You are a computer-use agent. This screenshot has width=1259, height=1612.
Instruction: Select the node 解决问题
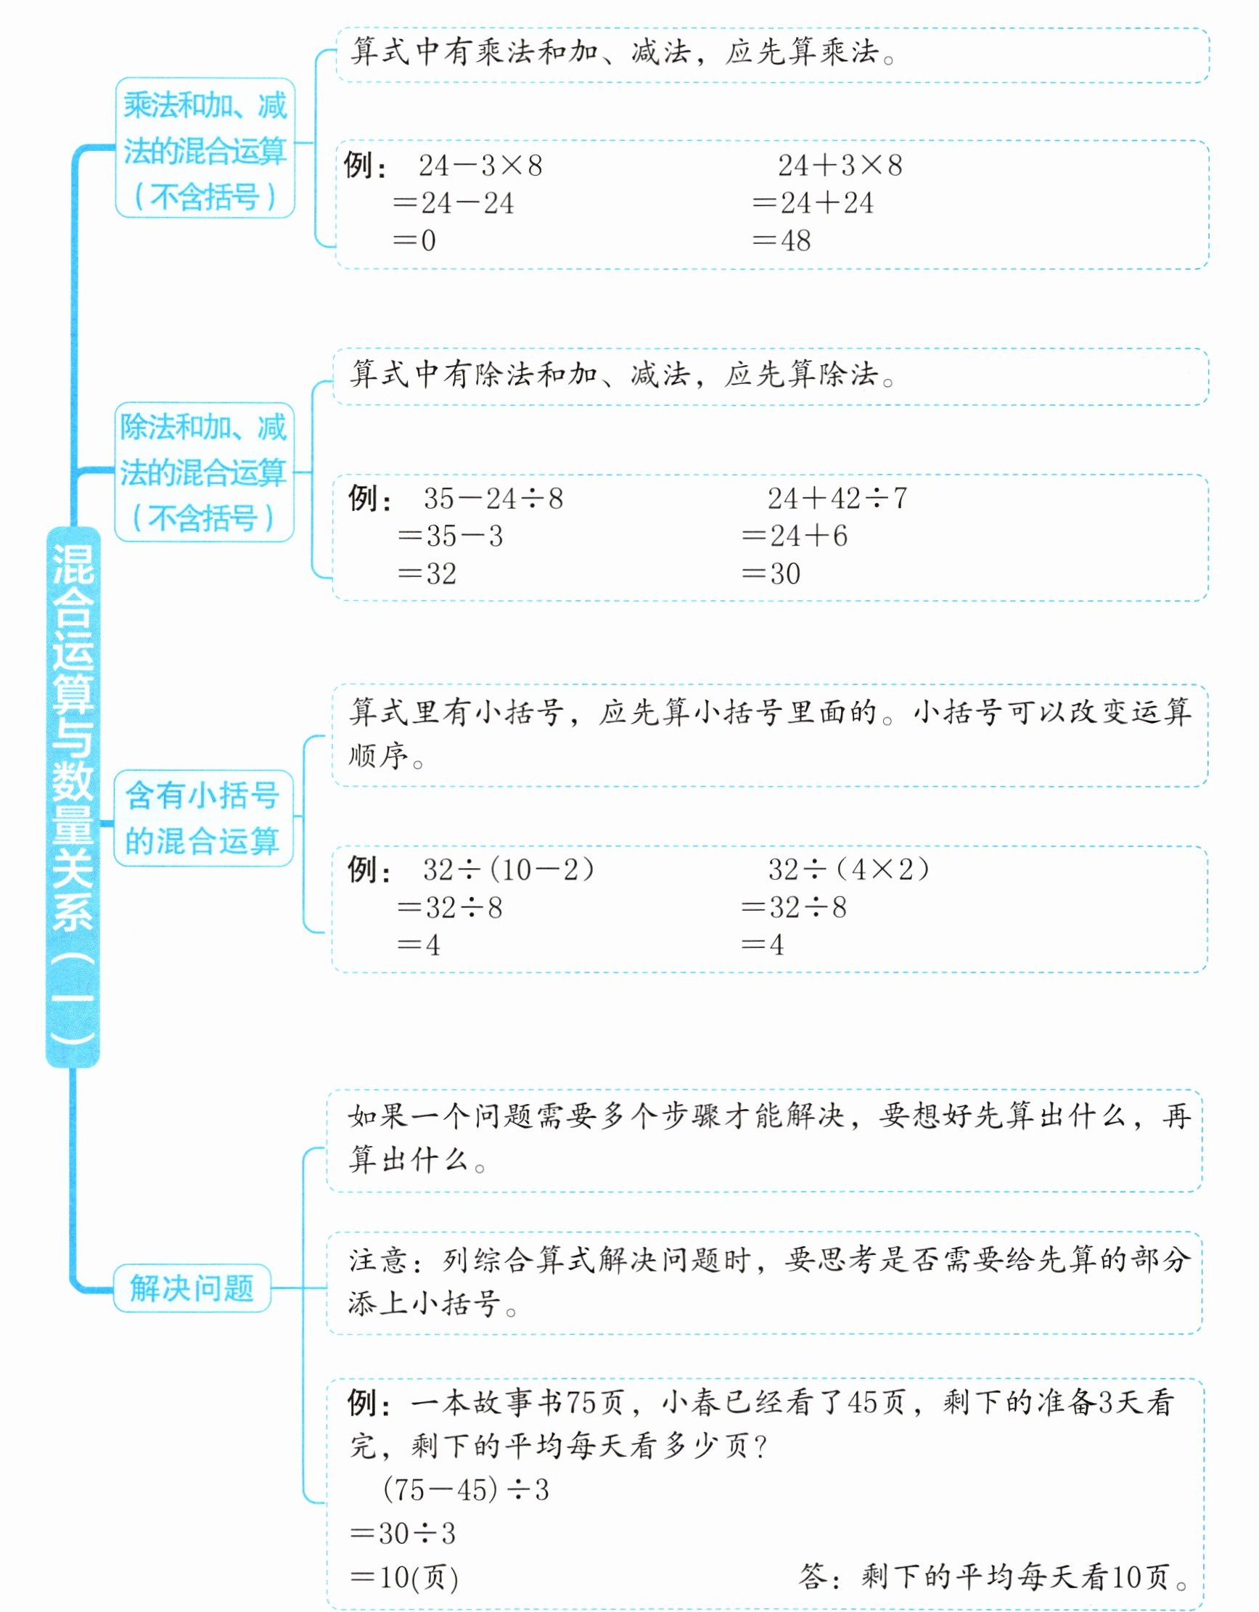pyautogui.click(x=192, y=1288)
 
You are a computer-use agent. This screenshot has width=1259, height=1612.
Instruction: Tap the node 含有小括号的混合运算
pyautogui.click(x=203, y=818)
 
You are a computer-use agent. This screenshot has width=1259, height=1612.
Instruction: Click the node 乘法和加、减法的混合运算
pyautogui.click(x=205, y=149)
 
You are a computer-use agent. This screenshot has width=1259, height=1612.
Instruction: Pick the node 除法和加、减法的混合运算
pyautogui.click(x=204, y=472)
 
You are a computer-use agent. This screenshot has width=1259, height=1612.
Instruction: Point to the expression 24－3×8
pyautogui.click(x=480, y=165)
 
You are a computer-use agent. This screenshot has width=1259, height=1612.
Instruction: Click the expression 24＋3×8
pyautogui.click(x=840, y=165)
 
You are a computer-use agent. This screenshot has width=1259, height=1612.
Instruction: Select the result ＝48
pyautogui.click(x=782, y=241)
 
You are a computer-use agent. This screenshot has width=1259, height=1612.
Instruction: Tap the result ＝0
pyautogui.click(x=415, y=241)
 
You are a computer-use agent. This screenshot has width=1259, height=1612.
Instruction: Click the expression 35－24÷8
pyautogui.click(x=493, y=498)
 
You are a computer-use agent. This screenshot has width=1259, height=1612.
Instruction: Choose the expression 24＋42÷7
pyautogui.click(x=837, y=498)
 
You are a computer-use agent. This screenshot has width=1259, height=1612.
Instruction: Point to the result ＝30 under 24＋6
pyautogui.click(x=771, y=573)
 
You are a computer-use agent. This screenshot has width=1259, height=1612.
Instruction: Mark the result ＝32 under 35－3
pyautogui.click(x=427, y=573)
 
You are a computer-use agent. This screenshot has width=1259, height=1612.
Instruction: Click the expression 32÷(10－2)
pyautogui.click(x=509, y=870)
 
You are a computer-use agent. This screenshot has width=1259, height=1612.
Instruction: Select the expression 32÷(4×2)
pyautogui.click(x=849, y=870)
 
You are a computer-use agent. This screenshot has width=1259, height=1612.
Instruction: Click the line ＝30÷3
pyautogui.click(x=403, y=1533)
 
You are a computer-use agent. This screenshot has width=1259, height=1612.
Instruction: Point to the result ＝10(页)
pyautogui.click(x=404, y=1577)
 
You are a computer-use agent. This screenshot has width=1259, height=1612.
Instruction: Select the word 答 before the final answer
pyautogui.click(x=813, y=1576)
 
